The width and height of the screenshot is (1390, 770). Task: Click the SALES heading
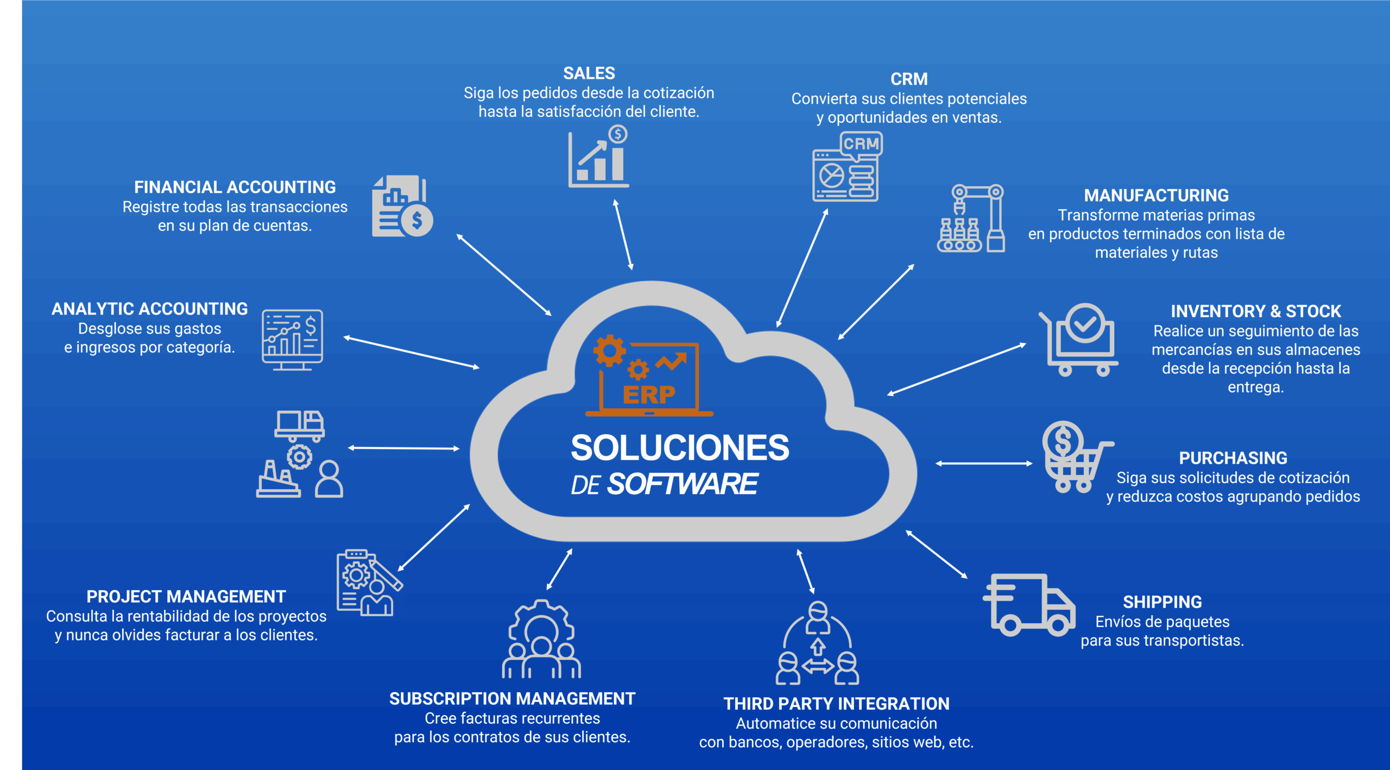coord(589,73)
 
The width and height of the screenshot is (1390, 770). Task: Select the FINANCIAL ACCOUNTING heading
coord(235,187)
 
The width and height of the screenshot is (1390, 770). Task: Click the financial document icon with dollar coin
coord(402,206)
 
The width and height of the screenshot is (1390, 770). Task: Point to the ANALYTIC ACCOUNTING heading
coord(149,309)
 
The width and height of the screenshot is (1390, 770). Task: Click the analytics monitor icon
coord(292,340)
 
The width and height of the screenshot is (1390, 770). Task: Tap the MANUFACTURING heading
coord(1156,196)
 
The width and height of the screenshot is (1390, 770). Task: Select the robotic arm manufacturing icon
coord(971,218)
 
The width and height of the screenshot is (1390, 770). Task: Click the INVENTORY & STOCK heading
coord(1255,311)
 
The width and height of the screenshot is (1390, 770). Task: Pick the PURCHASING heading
coord(1233,458)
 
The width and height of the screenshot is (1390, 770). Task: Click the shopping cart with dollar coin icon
coord(1075,457)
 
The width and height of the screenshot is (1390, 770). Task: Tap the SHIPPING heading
coord(1162,602)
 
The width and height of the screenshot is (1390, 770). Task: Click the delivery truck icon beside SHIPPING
coord(1028,604)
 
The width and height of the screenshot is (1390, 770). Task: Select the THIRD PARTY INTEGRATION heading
coord(836,704)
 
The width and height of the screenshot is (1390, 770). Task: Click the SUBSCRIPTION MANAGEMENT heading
coord(512,699)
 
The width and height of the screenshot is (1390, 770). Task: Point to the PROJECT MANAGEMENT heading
coord(186,597)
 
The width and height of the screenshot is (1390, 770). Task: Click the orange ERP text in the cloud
coord(649,395)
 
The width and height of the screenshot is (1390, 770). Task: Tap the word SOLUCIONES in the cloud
coord(680,448)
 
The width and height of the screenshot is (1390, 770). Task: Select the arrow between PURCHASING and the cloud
coord(984,464)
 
